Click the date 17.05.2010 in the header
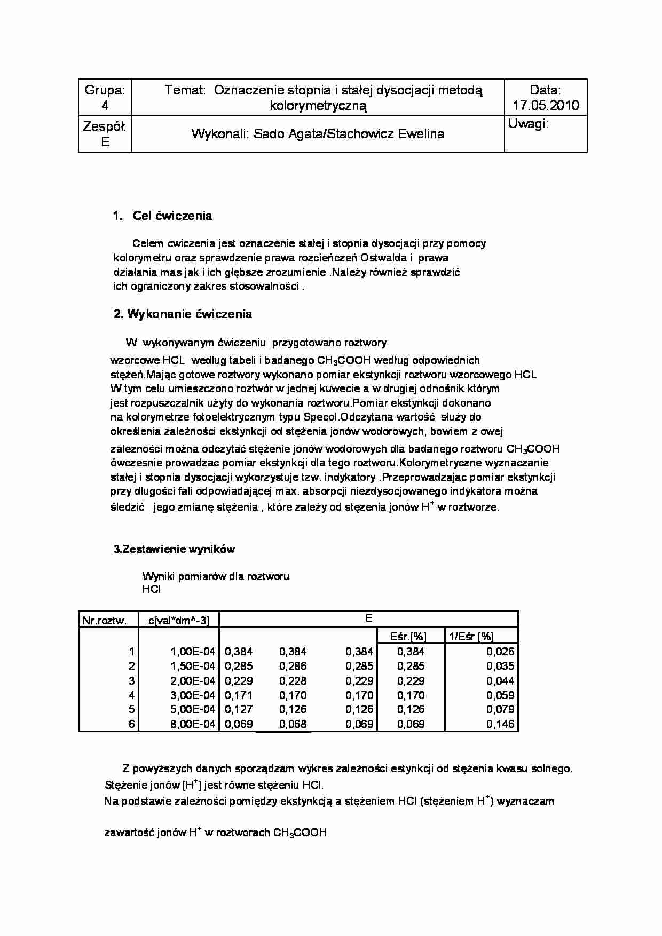546,105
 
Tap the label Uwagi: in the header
529,124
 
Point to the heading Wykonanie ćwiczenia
189,314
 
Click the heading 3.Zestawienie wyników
174,549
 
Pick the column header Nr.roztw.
104,620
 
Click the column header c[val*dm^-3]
178,620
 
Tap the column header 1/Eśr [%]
471,636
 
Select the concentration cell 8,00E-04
192,724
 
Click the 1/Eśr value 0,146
500,724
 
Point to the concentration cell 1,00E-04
192,651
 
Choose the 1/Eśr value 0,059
500,695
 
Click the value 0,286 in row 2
293,666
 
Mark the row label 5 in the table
131,710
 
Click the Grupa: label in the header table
105,90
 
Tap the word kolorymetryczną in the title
318,106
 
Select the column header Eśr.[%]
408,636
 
